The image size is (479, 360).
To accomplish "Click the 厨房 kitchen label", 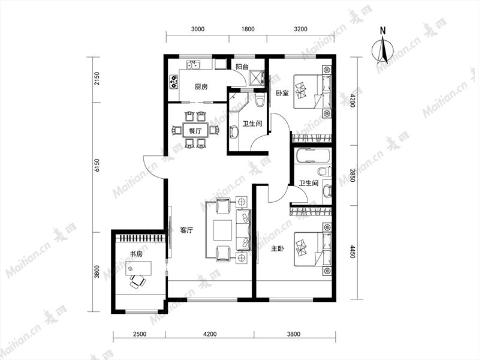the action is click(201, 87).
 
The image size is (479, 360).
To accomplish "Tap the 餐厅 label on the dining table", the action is click(195, 131).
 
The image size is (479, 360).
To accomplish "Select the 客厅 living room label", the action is click(186, 230).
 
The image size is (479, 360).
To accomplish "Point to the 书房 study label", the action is click(136, 254).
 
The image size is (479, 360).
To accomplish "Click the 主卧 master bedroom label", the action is click(278, 248).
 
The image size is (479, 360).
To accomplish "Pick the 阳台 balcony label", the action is click(242, 67).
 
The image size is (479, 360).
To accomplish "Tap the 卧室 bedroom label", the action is click(282, 93).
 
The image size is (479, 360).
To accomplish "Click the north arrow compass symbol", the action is click(382, 49).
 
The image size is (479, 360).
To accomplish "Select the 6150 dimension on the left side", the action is click(97, 166).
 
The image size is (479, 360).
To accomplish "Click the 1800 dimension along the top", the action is click(248, 29).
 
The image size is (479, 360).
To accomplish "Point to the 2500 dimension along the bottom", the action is click(140, 334).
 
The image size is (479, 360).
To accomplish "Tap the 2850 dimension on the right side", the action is click(353, 175).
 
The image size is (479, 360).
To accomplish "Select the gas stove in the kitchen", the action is click(174, 82).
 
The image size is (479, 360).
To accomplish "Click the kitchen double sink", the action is click(194, 65).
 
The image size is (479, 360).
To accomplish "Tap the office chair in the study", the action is click(137, 281).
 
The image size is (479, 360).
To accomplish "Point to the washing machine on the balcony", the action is click(256, 77).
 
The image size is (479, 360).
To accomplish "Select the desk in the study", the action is click(138, 268).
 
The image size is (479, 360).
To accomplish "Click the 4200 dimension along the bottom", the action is click(210, 334).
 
